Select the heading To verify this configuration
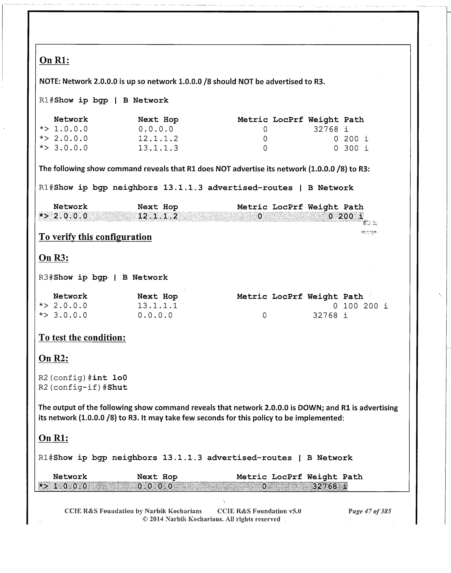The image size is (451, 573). (95, 237)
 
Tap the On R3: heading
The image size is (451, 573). (54, 258)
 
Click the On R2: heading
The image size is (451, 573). (54, 358)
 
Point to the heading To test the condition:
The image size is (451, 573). (82, 338)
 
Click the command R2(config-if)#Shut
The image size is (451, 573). (83, 387)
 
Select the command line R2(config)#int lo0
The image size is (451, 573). (83, 378)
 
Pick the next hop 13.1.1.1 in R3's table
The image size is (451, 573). (157, 306)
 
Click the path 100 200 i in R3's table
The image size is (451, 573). (365, 306)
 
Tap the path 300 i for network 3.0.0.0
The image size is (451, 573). (356, 148)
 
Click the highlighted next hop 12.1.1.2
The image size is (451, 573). (158, 216)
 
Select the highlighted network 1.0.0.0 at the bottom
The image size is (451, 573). (70, 486)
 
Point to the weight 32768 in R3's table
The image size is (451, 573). (325, 316)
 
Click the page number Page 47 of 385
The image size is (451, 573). (369, 511)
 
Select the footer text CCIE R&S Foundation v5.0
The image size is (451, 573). (259, 511)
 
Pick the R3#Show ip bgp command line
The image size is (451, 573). (103, 277)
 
